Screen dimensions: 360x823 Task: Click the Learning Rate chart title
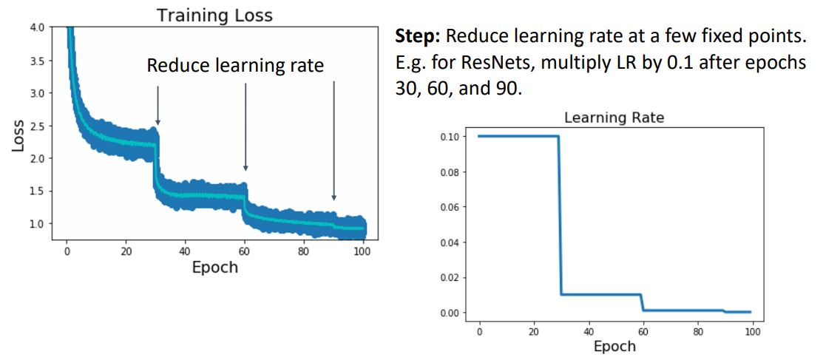[614, 117]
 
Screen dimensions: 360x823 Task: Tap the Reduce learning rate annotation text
[235, 65]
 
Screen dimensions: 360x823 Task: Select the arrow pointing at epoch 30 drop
[158, 104]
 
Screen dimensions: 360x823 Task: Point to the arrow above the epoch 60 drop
[245, 126]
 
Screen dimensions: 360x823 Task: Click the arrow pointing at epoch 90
[333, 140]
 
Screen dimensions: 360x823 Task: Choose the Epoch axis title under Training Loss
[214, 267]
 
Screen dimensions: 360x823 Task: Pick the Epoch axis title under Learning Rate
[614, 346]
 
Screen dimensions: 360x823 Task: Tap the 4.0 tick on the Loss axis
[36, 28]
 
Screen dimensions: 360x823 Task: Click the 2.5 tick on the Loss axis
[36, 126]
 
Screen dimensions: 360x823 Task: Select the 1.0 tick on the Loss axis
[36, 223]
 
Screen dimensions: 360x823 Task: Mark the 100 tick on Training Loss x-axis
[362, 250]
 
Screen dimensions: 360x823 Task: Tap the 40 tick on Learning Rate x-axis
[589, 330]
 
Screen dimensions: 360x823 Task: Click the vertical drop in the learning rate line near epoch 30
[560, 214]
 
